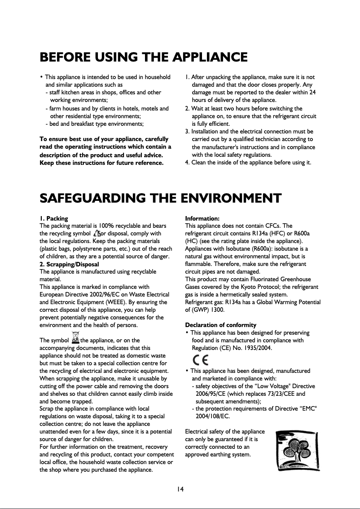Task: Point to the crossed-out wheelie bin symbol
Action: [76, 337]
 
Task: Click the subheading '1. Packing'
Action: [54, 218]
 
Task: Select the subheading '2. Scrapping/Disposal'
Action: [69, 264]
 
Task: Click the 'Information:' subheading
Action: [202, 218]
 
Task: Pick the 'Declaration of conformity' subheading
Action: [220, 325]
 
